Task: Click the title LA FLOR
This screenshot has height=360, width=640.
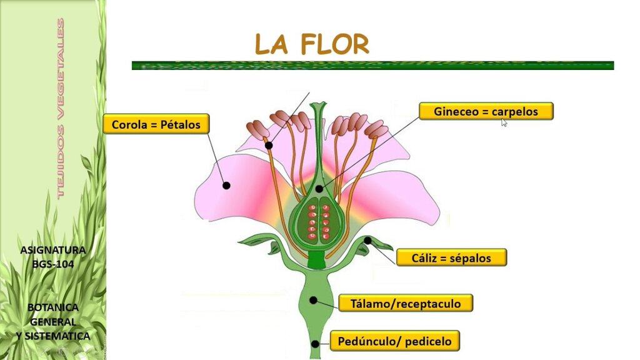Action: click(312, 44)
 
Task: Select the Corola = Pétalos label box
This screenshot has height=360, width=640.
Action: click(156, 124)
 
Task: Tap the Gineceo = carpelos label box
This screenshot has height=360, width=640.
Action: click(486, 111)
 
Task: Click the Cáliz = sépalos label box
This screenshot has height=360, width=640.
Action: click(451, 257)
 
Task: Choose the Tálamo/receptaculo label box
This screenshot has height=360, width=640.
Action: click(406, 303)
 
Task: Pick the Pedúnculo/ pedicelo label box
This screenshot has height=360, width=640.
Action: click(395, 341)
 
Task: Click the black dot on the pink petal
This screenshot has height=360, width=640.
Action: click(226, 186)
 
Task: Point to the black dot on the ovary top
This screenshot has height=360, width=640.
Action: click(319, 189)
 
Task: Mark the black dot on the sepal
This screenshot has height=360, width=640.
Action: click(367, 241)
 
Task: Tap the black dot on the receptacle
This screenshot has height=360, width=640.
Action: click(313, 301)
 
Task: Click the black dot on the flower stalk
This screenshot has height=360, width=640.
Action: click(315, 344)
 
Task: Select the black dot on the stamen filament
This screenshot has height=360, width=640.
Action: click(269, 145)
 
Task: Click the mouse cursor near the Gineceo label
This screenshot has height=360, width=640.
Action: click(504, 122)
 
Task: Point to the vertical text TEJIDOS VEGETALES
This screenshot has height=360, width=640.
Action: click(61, 109)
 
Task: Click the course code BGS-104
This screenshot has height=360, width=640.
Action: click(53, 264)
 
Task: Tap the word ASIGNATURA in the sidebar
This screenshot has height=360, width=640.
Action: click(53, 250)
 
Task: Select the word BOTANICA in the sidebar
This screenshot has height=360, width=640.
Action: click(53, 307)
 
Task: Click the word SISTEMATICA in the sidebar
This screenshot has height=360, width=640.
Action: click(57, 336)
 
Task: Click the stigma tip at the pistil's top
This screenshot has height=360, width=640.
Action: click(318, 104)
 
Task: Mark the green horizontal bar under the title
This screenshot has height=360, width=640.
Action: click(372, 65)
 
